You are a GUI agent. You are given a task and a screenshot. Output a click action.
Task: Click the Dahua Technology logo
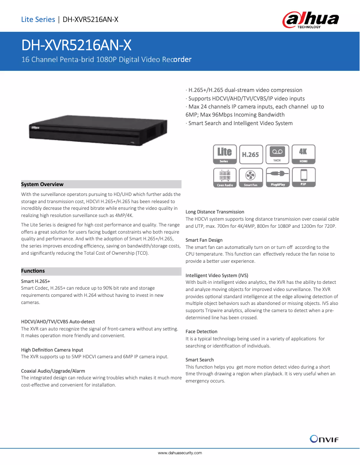click(x=310, y=20)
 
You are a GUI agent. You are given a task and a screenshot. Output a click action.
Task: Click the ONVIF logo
click(x=324, y=439)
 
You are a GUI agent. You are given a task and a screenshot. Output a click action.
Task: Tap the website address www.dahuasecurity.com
click(x=180, y=453)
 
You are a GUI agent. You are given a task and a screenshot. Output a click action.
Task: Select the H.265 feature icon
click(x=250, y=154)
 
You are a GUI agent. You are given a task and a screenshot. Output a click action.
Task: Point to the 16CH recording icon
click(x=277, y=154)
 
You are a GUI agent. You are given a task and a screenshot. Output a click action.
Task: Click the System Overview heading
click(x=43, y=184)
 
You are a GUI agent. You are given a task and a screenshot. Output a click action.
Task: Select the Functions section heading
click(x=33, y=271)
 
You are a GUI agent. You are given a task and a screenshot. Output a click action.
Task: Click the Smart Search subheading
click(x=200, y=360)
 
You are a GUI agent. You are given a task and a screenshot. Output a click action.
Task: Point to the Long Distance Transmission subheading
click(x=215, y=212)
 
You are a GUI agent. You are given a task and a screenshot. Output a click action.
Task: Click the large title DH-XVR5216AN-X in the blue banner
click(x=77, y=45)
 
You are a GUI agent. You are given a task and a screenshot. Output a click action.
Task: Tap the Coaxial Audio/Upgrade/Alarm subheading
click(x=53, y=371)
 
